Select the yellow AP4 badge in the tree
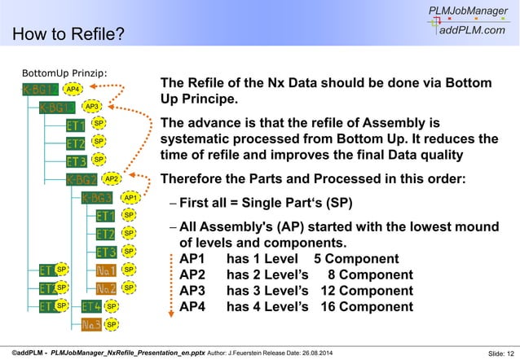(x=73, y=88)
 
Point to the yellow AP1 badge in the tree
(x=130, y=197)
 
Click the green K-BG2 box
(x=82, y=178)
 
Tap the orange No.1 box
(x=105, y=269)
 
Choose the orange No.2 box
(x=105, y=288)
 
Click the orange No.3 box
(x=90, y=323)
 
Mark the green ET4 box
(x=91, y=305)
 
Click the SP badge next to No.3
(x=112, y=324)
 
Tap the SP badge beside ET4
(x=112, y=306)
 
